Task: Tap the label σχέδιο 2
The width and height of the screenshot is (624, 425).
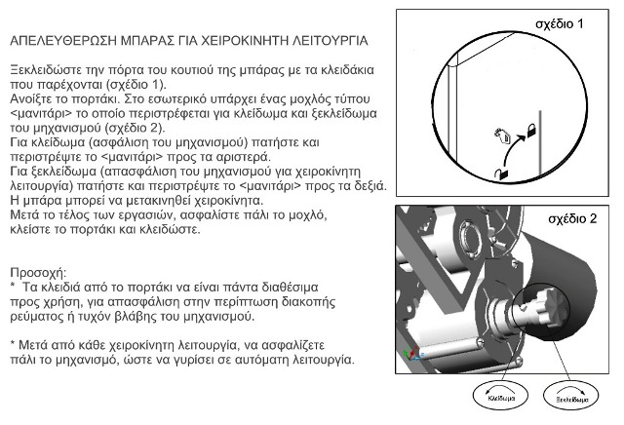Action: point(570,219)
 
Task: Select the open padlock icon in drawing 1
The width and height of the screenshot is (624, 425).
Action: point(501,172)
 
